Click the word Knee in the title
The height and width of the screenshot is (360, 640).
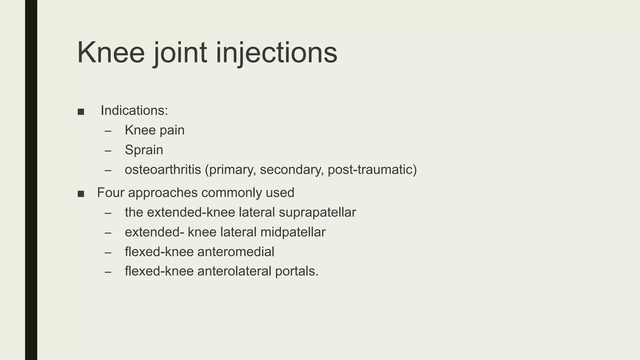(111, 52)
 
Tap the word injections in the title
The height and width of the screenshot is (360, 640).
(277, 52)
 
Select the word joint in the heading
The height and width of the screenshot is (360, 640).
(180, 52)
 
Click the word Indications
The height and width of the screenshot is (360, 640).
(134, 111)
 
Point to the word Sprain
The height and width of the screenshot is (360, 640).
(144, 150)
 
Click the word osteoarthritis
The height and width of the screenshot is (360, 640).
(163, 170)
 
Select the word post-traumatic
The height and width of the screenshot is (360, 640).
(372, 170)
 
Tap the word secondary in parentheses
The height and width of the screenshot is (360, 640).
(291, 170)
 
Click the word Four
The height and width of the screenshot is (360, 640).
(111, 192)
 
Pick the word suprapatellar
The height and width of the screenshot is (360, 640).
(317, 212)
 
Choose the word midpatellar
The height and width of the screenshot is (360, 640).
(293, 232)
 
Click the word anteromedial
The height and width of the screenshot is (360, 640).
(236, 252)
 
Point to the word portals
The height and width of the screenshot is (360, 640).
(297, 271)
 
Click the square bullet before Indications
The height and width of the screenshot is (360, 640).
(81, 112)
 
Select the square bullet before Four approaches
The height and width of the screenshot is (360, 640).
(81, 194)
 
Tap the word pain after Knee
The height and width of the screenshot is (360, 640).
(172, 130)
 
